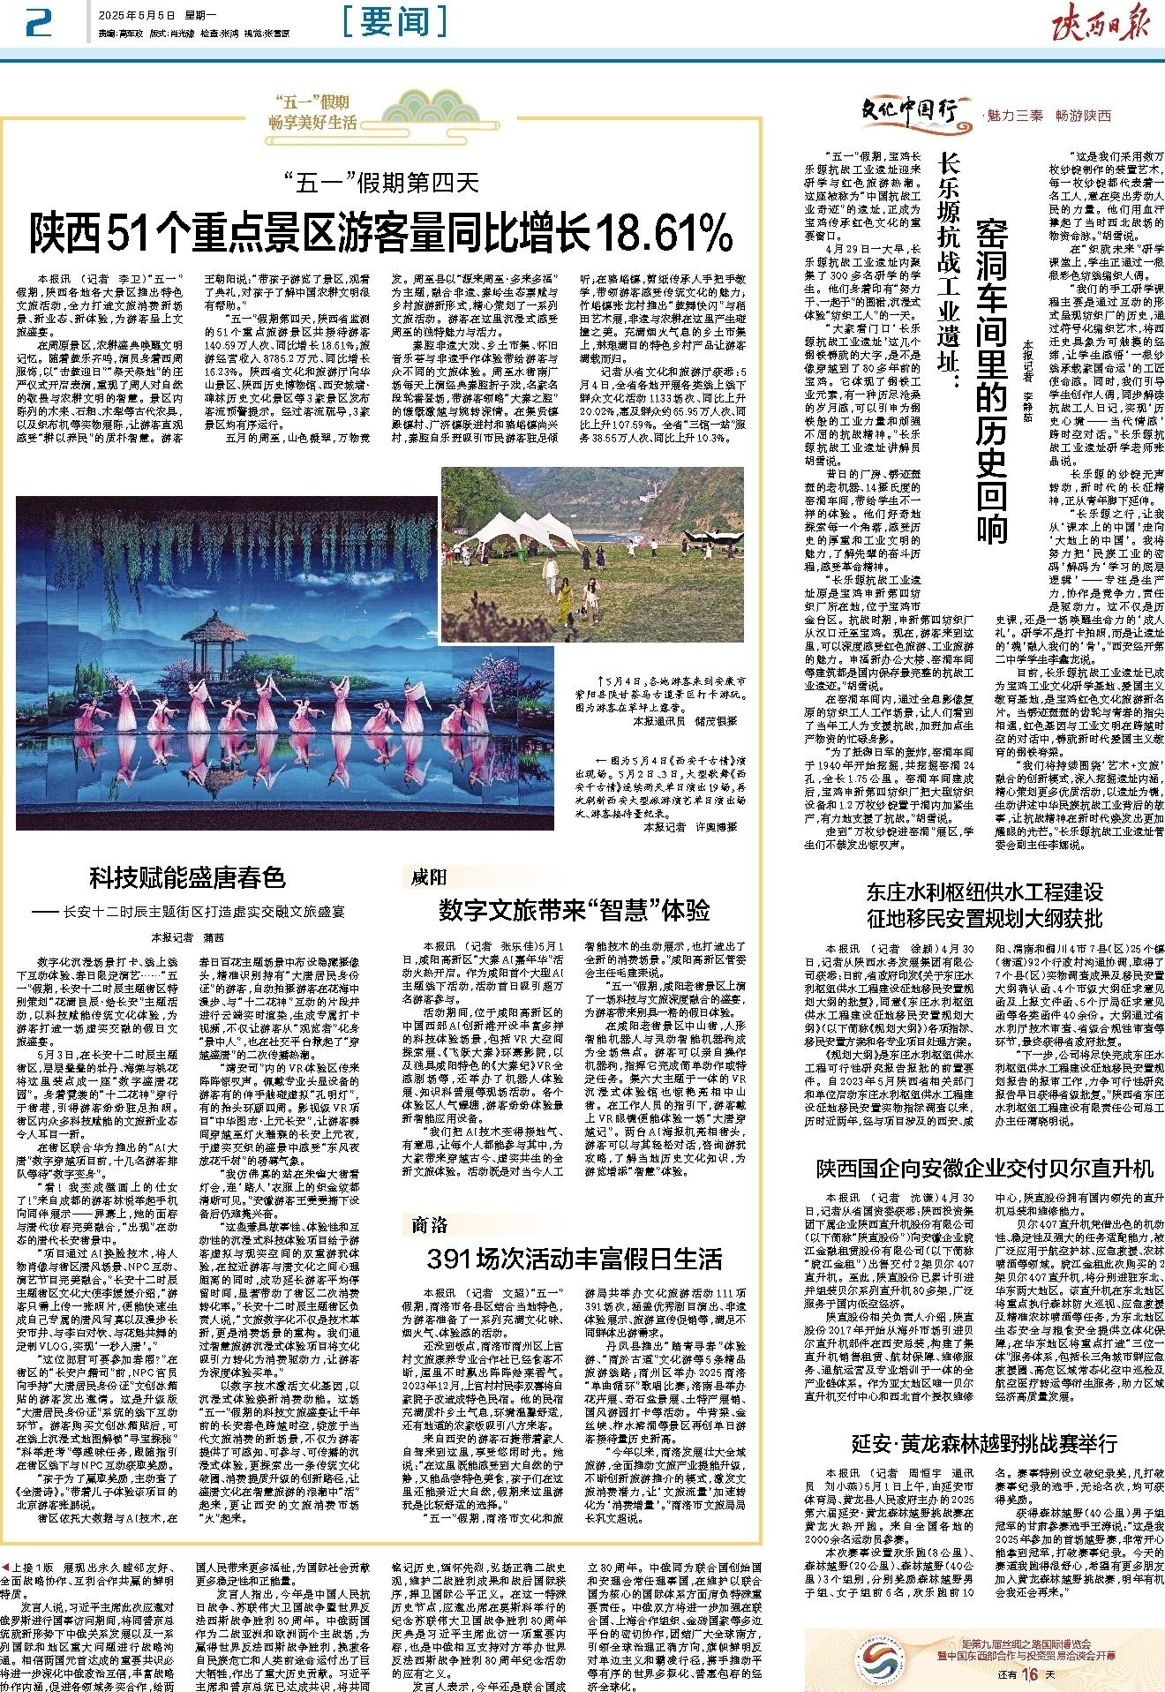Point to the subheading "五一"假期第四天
tap(382, 183)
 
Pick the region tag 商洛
tap(431, 1223)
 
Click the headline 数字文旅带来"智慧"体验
tap(574, 910)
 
